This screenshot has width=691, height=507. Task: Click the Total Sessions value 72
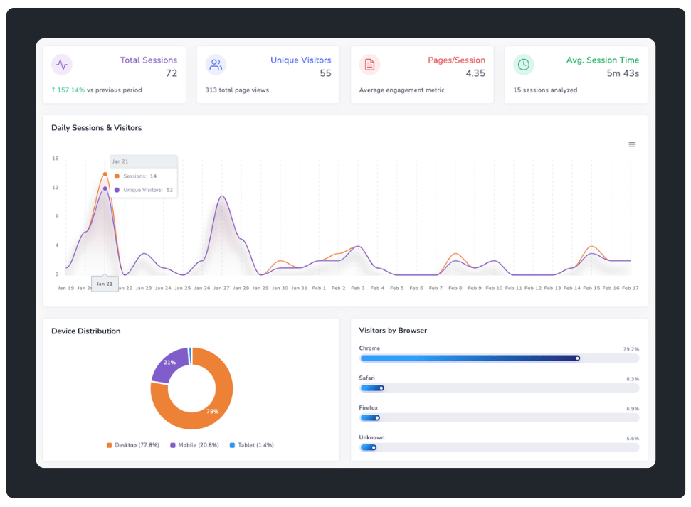[x=171, y=73]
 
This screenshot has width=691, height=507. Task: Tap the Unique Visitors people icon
[x=216, y=65]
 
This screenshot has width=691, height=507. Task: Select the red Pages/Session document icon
[x=369, y=65]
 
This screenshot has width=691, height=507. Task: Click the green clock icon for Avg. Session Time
[x=524, y=65]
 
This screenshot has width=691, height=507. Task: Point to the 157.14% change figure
[x=70, y=90]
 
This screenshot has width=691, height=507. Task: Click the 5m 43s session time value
[x=623, y=73]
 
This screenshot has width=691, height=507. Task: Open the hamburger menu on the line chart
[x=632, y=144]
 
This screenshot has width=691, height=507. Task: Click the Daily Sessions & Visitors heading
[x=96, y=128]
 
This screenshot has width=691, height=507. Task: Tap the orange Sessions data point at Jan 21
[x=105, y=174]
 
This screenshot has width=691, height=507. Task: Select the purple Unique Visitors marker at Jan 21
[x=105, y=188]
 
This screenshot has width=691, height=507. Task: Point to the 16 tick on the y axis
[x=55, y=159]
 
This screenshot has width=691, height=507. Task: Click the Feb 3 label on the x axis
[x=358, y=288]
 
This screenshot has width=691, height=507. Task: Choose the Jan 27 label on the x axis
[x=221, y=288]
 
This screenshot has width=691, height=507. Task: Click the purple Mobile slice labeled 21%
[x=169, y=363]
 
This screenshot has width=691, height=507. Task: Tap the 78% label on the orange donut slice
[x=212, y=412]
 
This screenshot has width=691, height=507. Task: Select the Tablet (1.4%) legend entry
[x=251, y=445]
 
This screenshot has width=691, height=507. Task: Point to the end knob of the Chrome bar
[x=577, y=358]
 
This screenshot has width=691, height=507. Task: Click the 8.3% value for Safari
[x=632, y=379]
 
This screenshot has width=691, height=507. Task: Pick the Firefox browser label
[x=368, y=408]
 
